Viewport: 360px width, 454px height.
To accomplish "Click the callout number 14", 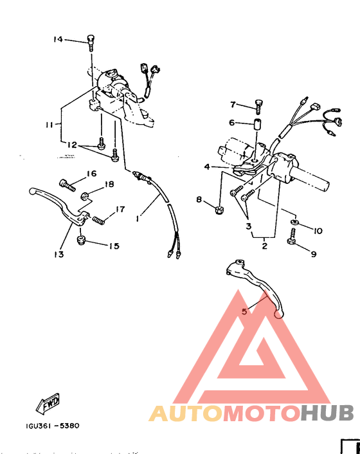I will tap(59, 40).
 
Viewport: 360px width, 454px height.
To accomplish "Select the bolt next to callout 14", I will tap(90, 41).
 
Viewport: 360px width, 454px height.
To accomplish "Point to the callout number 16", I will tap(91, 174).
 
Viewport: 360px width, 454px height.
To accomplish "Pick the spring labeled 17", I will tap(98, 221).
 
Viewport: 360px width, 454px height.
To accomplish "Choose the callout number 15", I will tap(114, 246).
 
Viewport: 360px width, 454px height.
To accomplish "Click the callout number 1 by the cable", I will tap(137, 219).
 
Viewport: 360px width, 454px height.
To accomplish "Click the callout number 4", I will tap(208, 167).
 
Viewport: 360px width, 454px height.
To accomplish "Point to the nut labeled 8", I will tap(218, 208).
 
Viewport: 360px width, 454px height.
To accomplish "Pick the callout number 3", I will tap(248, 226).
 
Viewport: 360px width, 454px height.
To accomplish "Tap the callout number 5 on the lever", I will tap(244, 311).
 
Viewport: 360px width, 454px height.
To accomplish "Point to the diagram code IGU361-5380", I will tap(54, 426).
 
